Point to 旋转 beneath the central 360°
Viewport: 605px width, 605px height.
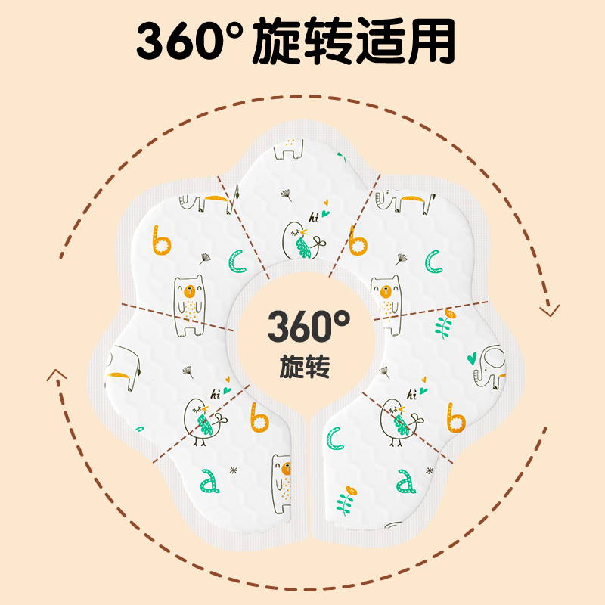(x=309, y=368)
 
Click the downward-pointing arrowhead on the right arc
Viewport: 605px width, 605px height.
(x=550, y=309)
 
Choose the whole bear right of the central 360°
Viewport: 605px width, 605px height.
(x=386, y=302)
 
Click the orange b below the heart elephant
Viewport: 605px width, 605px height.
(x=455, y=417)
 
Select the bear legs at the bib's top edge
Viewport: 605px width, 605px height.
(x=288, y=149)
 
